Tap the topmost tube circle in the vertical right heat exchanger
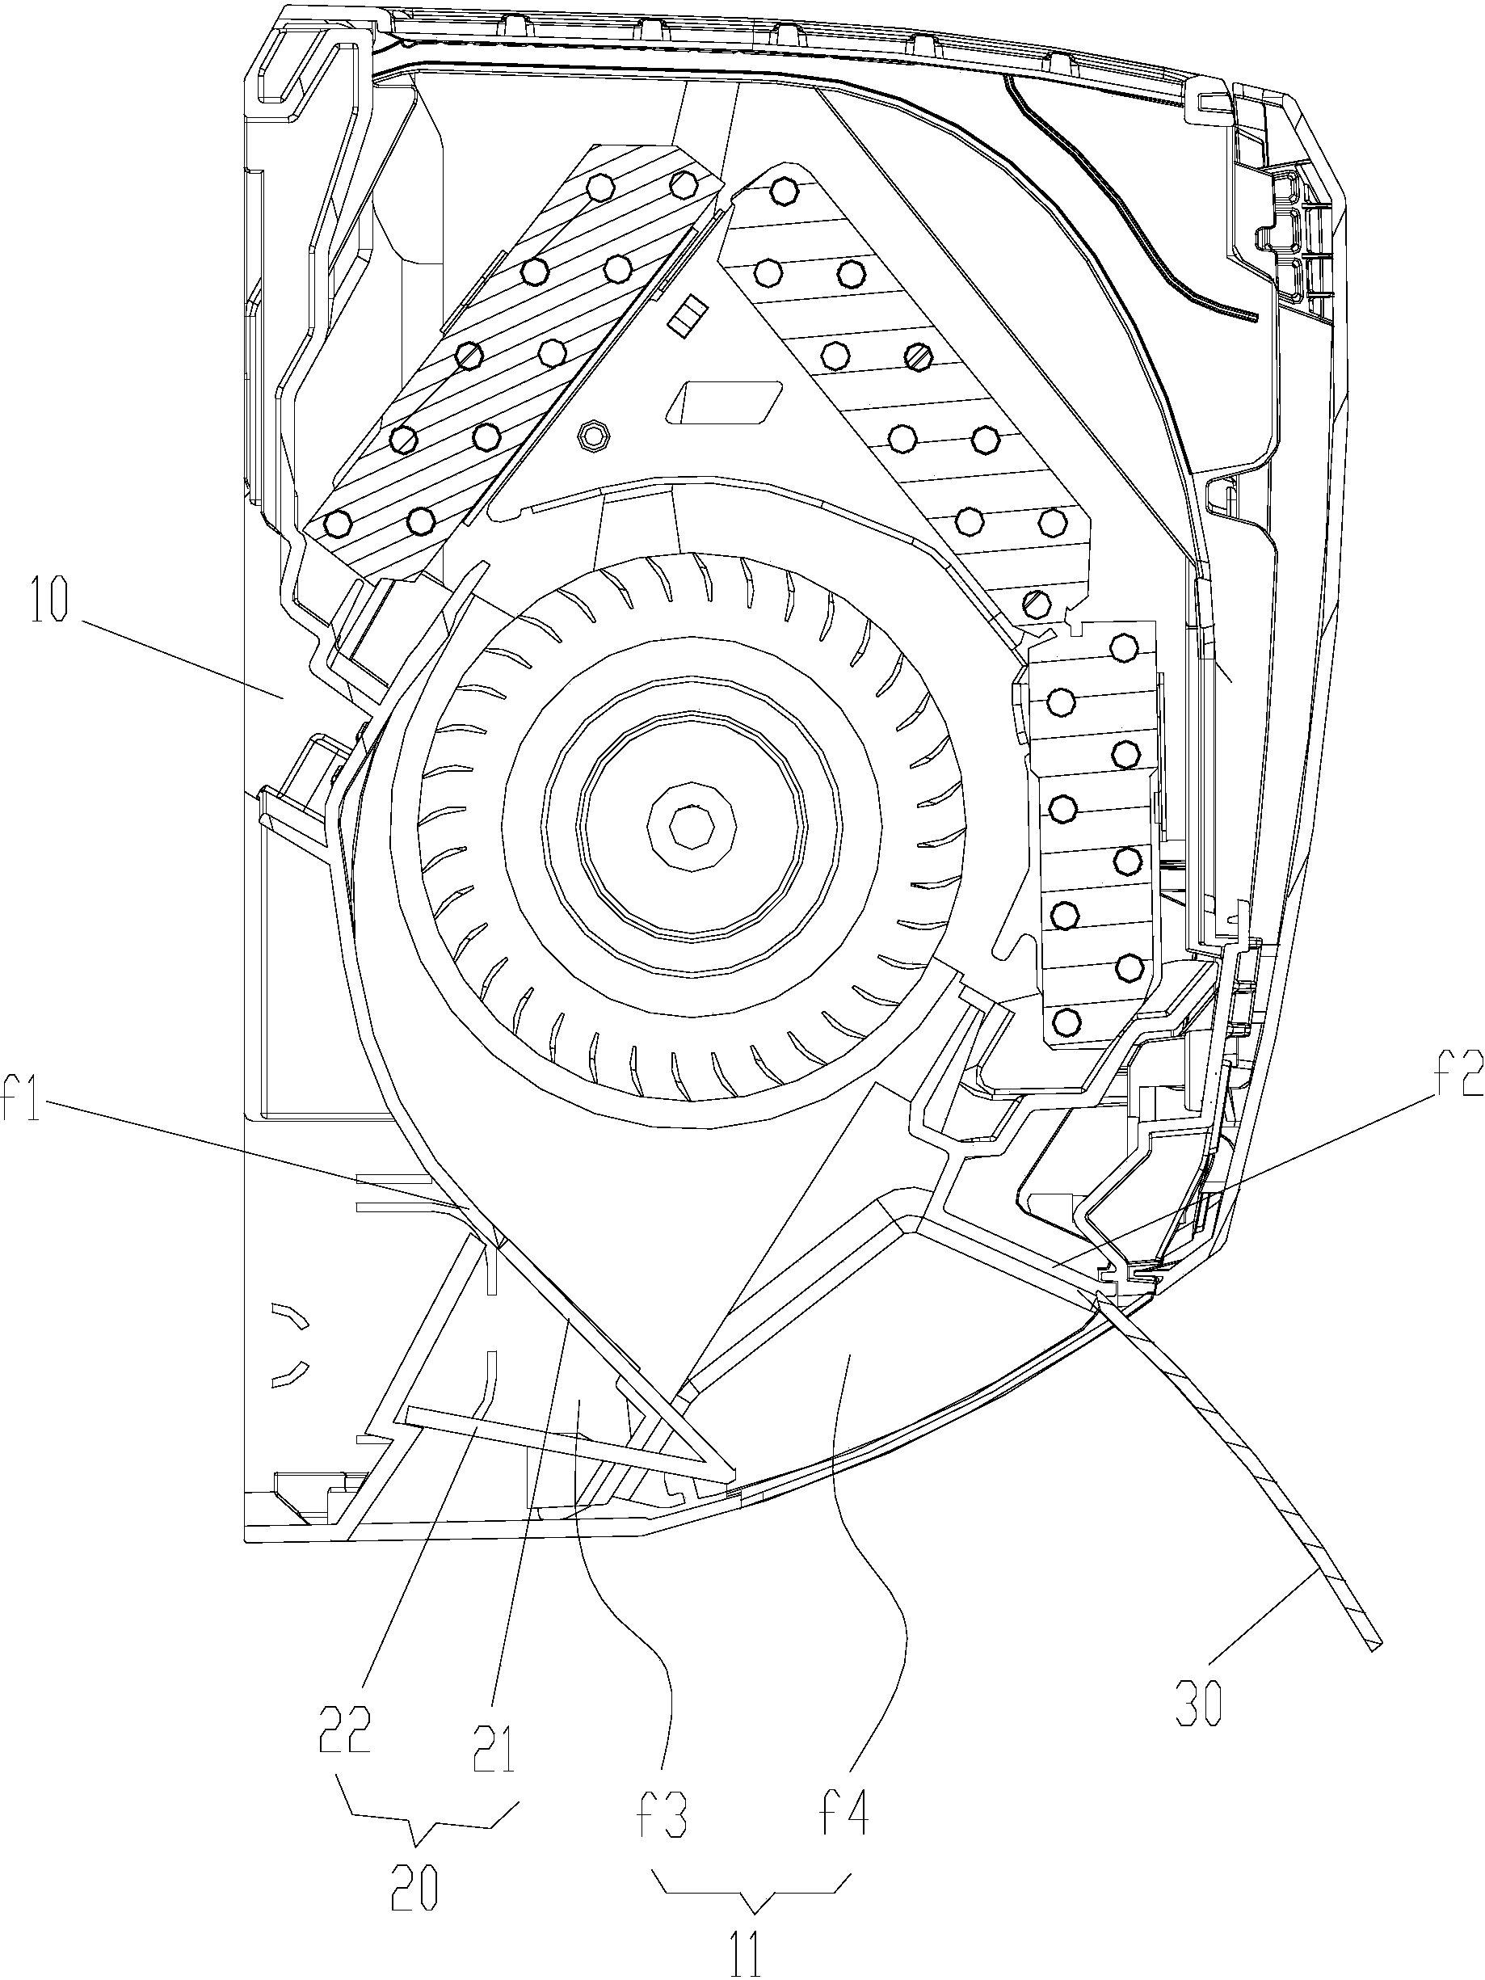pyautogui.click(x=1122, y=646)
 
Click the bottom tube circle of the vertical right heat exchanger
pyautogui.click(x=1064, y=1021)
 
